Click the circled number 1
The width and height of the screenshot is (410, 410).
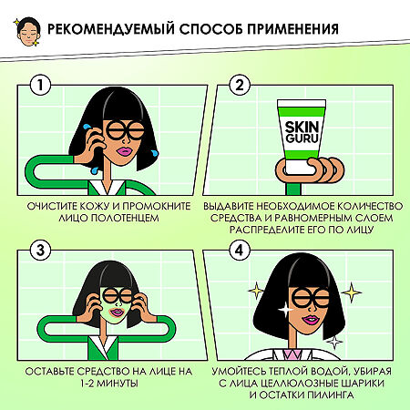pyautogui.click(x=38, y=86)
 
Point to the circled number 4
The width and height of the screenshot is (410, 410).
pyautogui.click(x=238, y=251)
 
